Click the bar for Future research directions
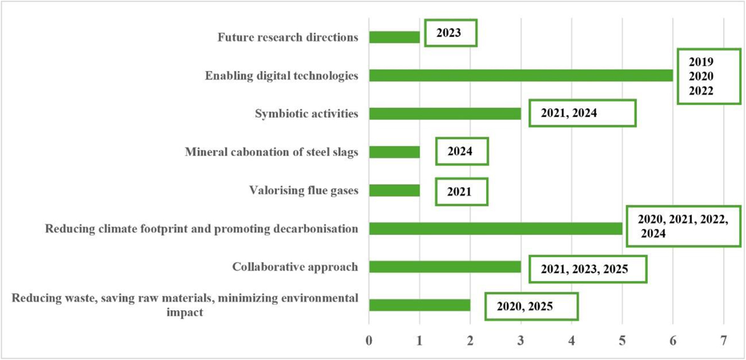(394, 37)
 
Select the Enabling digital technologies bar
(521, 76)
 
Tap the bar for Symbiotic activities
(444, 114)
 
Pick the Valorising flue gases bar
(394, 190)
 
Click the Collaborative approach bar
(444, 267)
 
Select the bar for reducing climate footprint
(495, 229)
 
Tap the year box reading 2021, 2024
(583, 114)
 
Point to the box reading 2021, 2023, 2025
(587, 269)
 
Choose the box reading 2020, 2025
(532, 306)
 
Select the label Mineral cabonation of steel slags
(272, 152)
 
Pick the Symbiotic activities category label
(306, 114)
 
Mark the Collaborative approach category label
(295, 267)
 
